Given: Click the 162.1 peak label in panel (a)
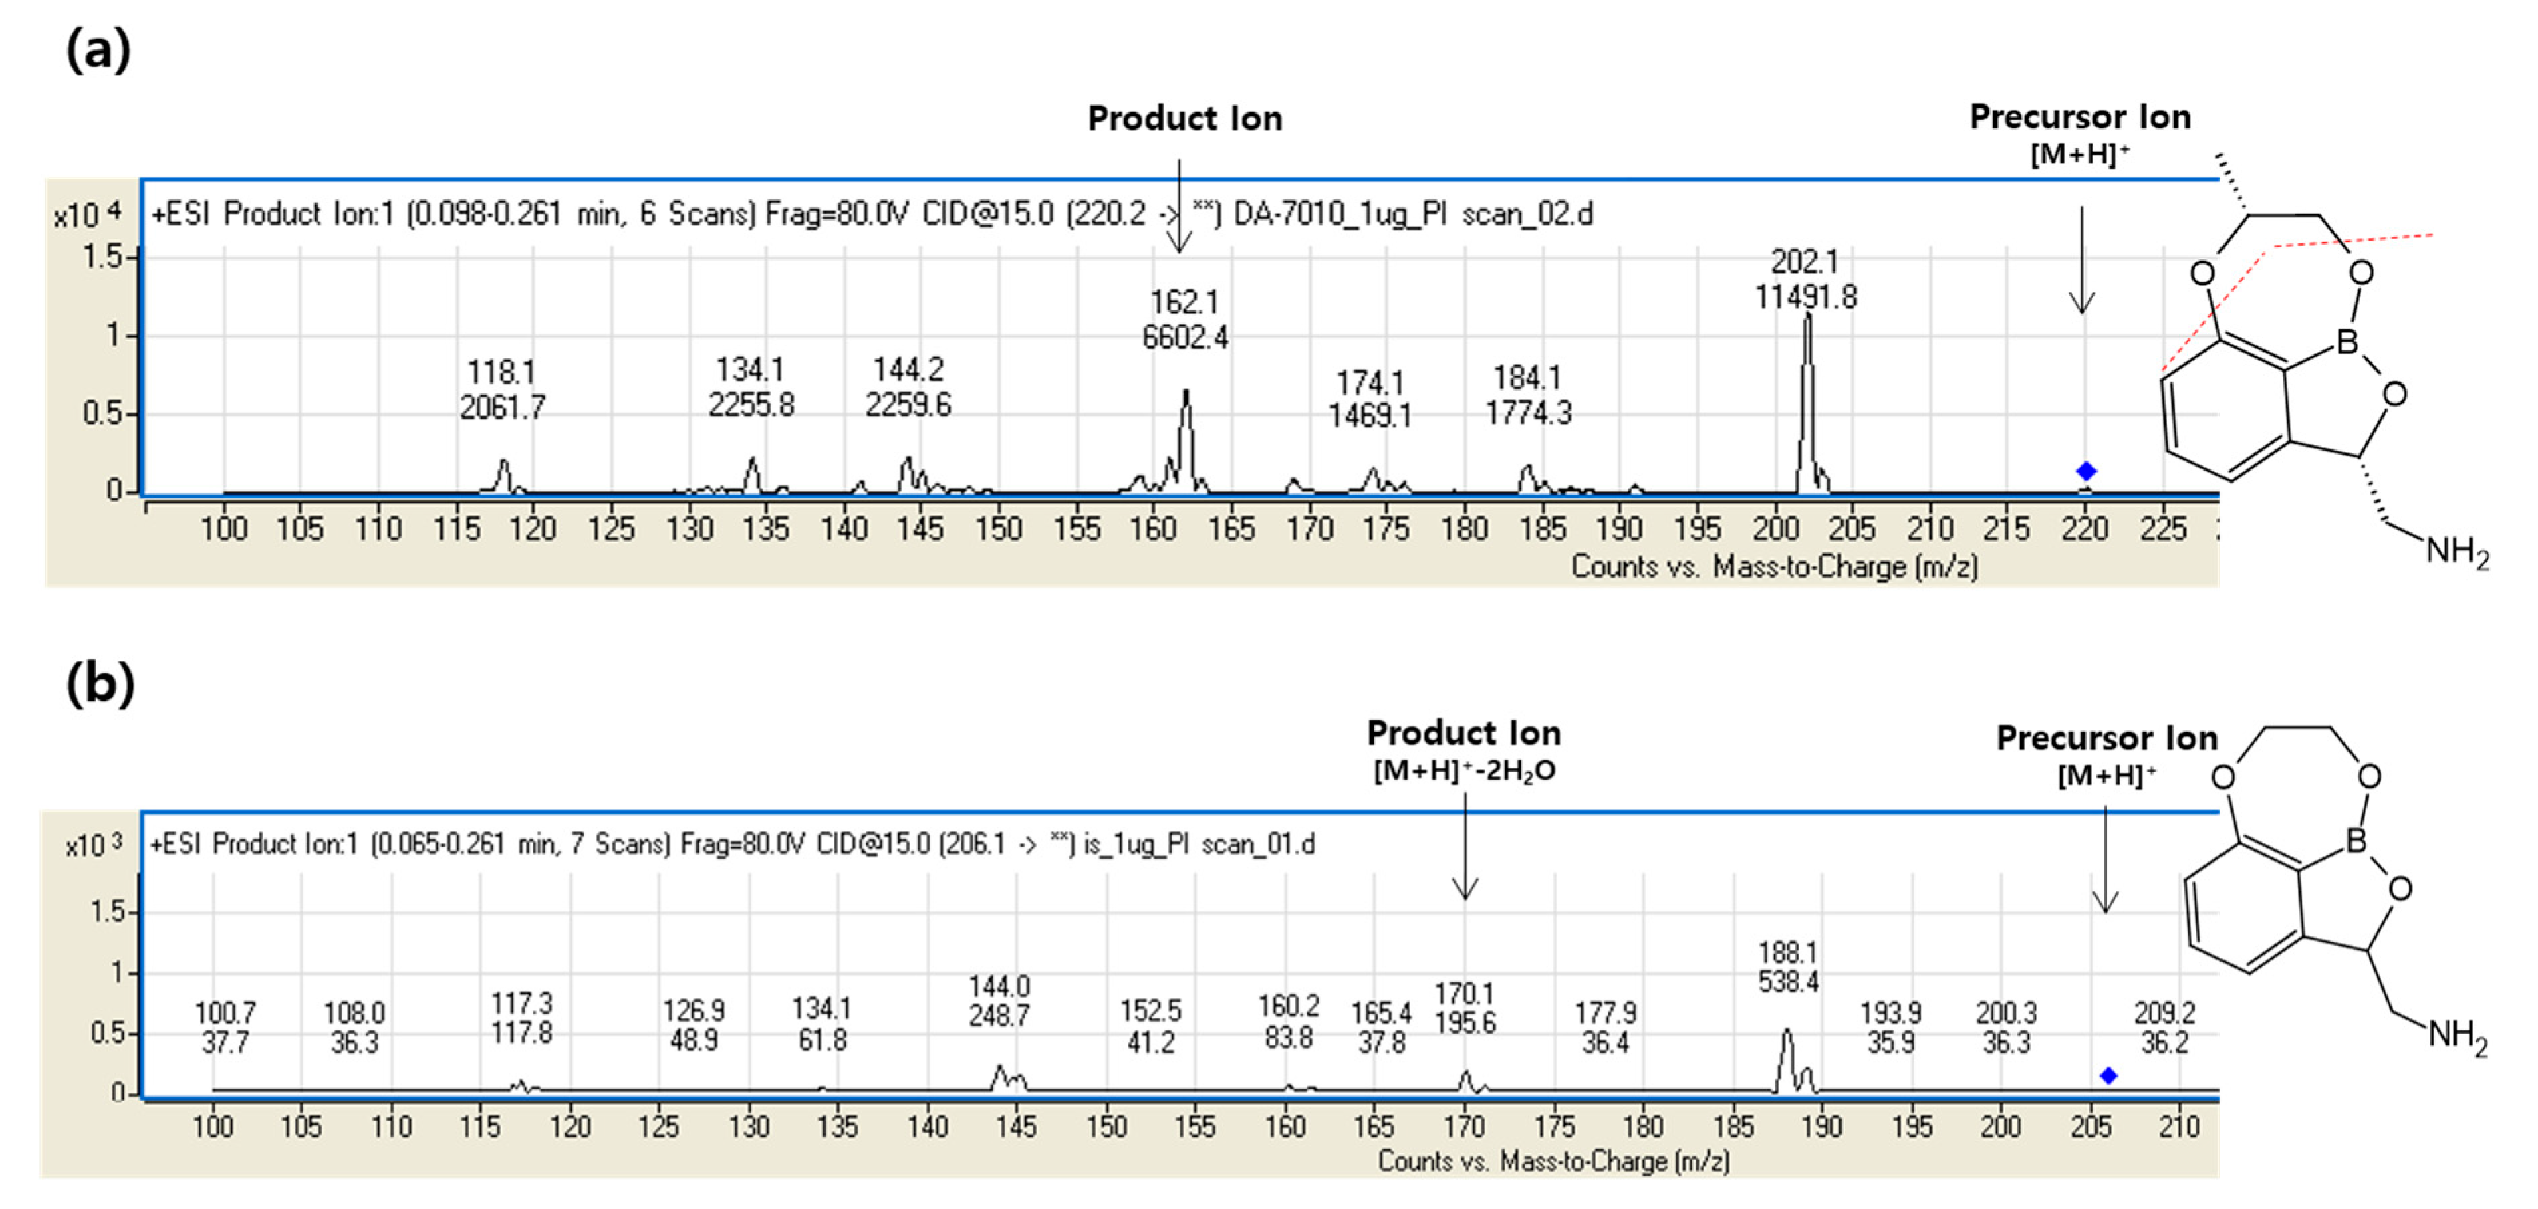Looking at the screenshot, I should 1184,319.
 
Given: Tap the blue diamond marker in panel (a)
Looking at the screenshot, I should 2085,471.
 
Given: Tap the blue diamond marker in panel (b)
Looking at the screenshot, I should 2108,1075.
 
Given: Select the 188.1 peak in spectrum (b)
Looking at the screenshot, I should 1786,1059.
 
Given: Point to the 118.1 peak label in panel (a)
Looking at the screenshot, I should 503,389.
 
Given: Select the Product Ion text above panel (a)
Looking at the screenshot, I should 1184,119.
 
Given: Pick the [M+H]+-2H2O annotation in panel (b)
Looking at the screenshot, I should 1464,770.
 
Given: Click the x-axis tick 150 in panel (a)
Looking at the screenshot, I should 998,529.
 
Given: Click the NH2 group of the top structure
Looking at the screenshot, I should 2456,551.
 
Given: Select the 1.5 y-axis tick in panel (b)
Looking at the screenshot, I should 108,911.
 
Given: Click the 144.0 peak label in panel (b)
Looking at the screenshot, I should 999,1001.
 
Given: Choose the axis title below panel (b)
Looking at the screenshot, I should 1553,1161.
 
